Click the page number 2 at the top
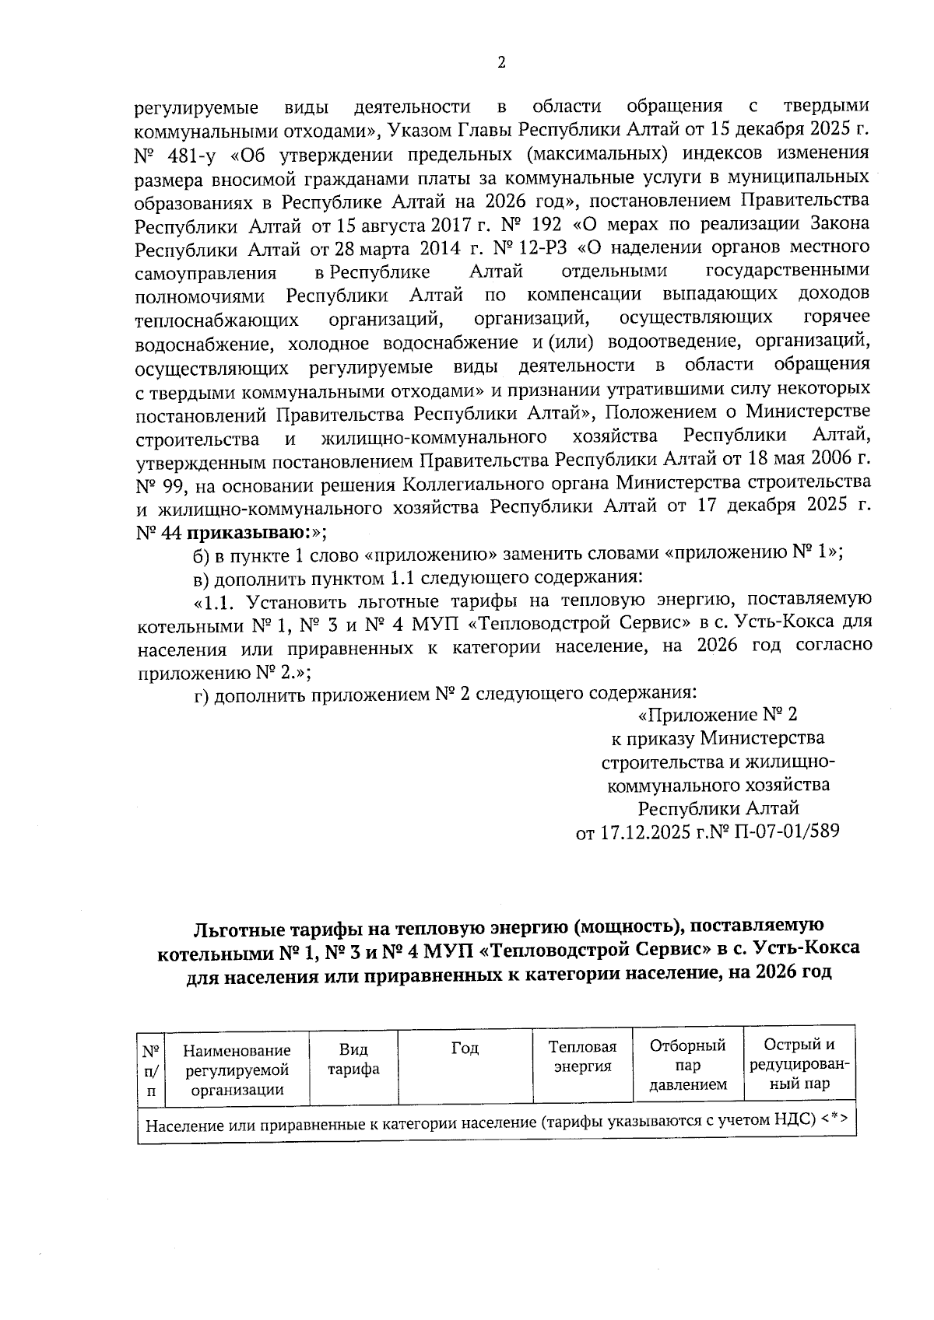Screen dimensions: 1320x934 [x=501, y=63]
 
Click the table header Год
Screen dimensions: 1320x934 [x=465, y=1049]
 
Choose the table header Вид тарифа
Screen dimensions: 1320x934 [x=353, y=1059]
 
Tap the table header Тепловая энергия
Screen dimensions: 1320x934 [x=582, y=1056]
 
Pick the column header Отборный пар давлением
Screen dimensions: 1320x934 [x=687, y=1064]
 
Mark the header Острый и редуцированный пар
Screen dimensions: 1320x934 [x=799, y=1063]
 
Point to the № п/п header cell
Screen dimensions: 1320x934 [x=150, y=1070]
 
